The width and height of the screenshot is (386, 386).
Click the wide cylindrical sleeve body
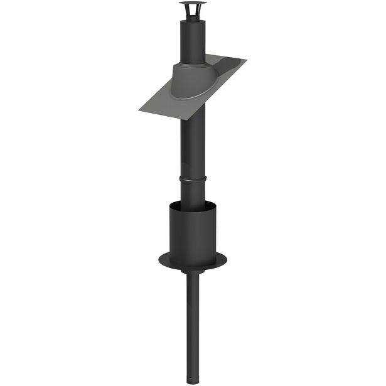(x=193, y=232)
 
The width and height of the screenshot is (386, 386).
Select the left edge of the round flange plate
(x=160, y=257)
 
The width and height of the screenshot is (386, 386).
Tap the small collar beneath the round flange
(x=193, y=272)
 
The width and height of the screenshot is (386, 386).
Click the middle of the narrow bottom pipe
(x=193, y=320)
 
